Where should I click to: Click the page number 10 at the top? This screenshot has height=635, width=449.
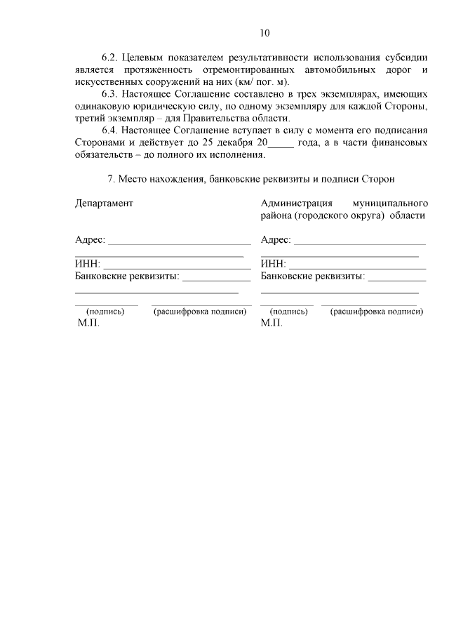(264, 32)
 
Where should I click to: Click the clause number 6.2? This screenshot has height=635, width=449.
(110, 57)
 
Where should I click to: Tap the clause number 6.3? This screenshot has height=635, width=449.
(110, 93)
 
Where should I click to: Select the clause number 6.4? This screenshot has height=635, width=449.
(110, 131)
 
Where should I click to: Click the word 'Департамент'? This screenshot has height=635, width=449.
(103, 203)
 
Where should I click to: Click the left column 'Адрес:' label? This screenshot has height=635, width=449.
(90, 240)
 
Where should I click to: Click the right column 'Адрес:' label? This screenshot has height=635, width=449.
(276, 240)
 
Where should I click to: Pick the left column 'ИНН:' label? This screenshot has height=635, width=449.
(87, 265)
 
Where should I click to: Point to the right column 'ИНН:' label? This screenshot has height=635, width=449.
(273, 265)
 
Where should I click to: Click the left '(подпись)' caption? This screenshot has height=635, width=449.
(105, 312)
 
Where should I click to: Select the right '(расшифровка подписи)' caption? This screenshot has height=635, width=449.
(377, 312)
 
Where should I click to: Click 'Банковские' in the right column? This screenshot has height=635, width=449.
(288, 276)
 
